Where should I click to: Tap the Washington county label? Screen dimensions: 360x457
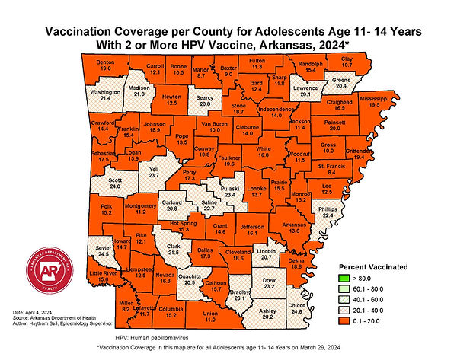coord(101,92)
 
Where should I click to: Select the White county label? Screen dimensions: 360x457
coord(264,148)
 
